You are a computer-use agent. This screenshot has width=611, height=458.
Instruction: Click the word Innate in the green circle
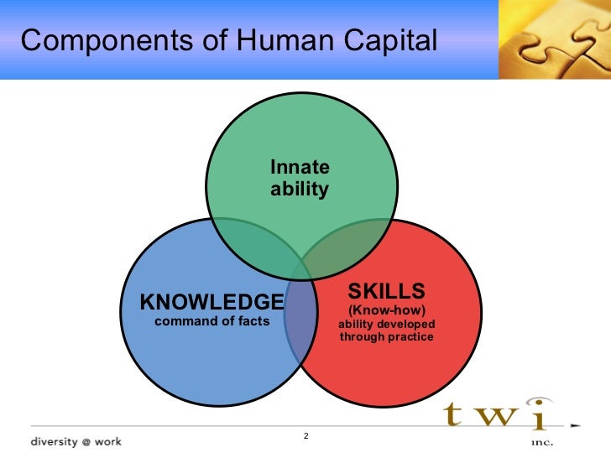(300, 167)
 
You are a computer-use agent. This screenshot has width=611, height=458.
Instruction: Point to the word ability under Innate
(300, 189)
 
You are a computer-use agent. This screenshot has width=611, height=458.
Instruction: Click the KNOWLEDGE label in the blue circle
(211, 301)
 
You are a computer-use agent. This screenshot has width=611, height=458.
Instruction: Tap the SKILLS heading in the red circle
(387, 291)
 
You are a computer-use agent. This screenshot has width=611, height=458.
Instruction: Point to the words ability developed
(387, 324)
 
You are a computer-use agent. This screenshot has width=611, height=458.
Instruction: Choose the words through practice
(387, 337)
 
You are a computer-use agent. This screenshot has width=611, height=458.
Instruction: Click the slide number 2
(305, 436)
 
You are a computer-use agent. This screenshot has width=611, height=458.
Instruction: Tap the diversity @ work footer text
(76, 440)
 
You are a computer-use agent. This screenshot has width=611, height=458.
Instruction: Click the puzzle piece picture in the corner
(555, 39)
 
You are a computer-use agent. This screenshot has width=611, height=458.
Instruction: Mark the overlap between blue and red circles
(302, 323)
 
